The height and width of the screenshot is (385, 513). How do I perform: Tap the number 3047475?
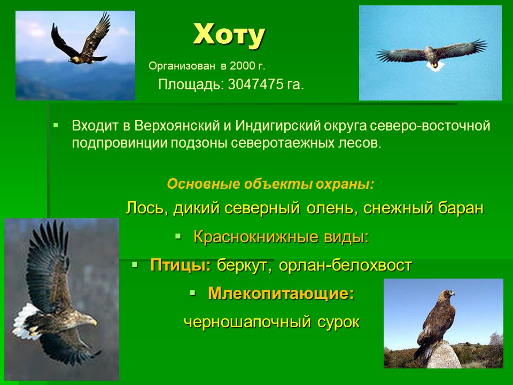[x=255, y=84]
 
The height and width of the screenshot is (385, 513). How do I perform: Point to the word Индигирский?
[x=278, y=126]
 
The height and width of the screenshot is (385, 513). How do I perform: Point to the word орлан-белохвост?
[x=345, y=265]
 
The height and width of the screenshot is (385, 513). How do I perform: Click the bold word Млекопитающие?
[x=281, y=293]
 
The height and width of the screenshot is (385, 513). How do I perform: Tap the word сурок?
[x=338, y=322]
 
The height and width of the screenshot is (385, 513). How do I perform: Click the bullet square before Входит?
[x=56, y=125]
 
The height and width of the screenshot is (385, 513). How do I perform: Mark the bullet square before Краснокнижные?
[x=178, y=236]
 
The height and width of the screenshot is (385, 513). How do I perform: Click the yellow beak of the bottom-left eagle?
[x=94, y=323]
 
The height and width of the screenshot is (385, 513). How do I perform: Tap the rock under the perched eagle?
[x=444, y=355]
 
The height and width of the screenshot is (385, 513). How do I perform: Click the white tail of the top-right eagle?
[x=435, y=66]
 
